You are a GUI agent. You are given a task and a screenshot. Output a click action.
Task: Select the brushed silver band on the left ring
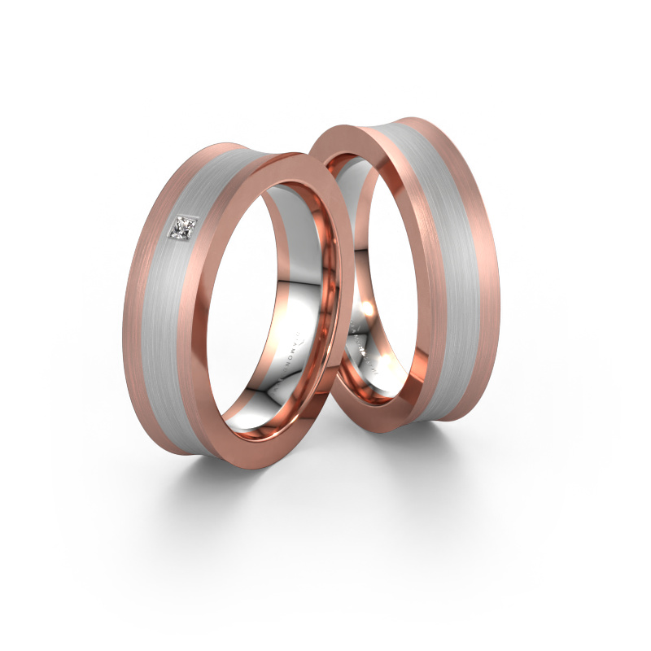(175, 325)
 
